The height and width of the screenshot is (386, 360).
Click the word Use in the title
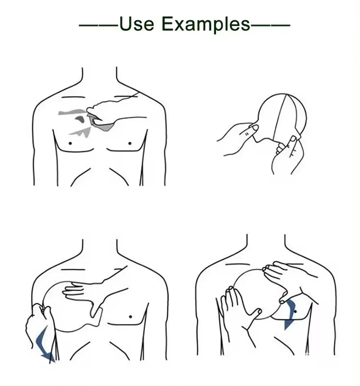tap(136, 24)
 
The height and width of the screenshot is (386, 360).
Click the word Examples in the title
tap(206, 24)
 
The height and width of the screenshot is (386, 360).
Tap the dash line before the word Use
tap(99, 25)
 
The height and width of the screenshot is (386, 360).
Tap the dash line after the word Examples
tap(270, 25)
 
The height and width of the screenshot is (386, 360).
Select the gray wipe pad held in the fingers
tap(102, 125)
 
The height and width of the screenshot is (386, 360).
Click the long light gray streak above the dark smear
tap(73, 112)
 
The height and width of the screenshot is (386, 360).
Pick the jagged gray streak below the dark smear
tap(81, 133)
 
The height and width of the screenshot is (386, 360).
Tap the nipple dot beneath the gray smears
tap(70, 143)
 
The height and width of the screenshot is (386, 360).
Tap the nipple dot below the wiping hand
tap(130, 143)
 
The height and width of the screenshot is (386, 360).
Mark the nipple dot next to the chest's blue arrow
tap(295, 312)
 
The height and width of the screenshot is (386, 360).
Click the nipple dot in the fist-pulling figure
tap(130, 317)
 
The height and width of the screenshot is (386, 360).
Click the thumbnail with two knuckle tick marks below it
tap(254, 128)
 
